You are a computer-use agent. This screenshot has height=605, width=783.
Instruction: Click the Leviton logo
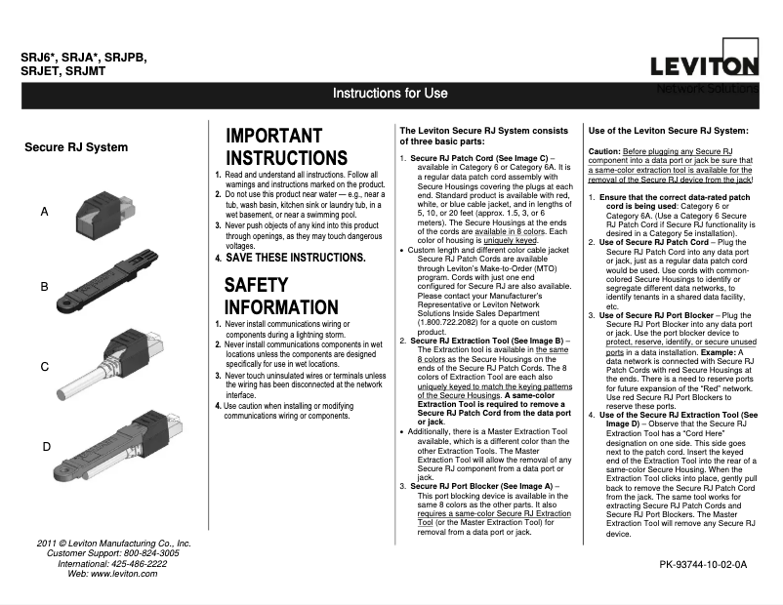705,65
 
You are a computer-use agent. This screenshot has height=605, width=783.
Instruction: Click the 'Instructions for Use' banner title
390,94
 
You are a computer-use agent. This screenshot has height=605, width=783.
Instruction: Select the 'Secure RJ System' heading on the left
76,147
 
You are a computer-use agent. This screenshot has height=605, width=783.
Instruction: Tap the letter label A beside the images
45,211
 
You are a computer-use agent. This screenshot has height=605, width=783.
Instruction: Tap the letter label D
46,446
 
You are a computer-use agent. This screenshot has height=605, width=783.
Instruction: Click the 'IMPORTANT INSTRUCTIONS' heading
286,146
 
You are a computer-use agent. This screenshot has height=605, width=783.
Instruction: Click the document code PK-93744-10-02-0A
703,564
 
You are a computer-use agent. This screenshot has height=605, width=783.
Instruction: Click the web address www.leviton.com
126,574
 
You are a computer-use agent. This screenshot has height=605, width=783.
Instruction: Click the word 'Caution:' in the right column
604,152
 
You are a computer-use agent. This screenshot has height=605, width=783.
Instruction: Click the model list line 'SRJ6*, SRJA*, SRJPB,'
84,58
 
